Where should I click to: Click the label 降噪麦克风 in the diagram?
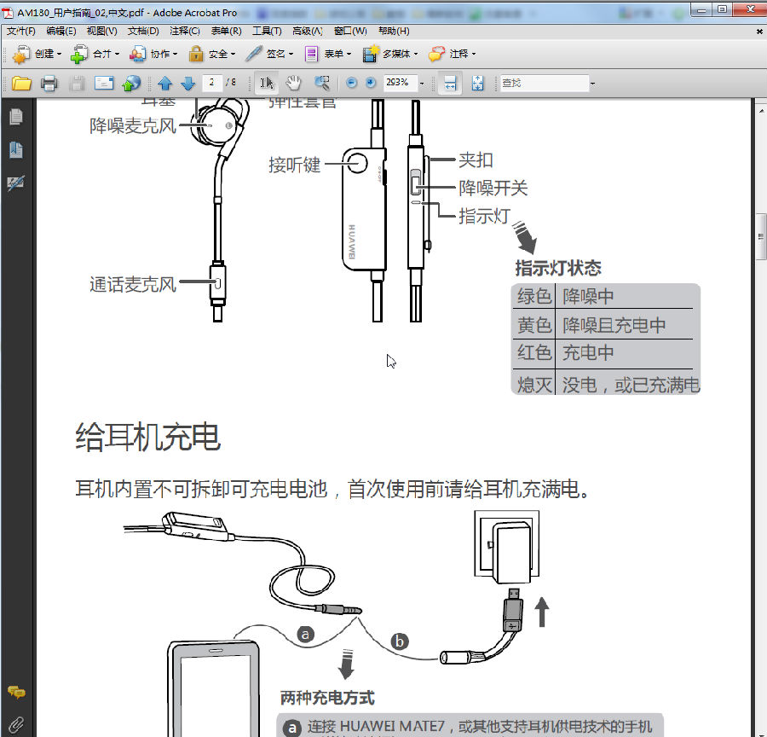click(132, 125)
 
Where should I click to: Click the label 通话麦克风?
click(132, 284)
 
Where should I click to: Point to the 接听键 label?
click(294, 165)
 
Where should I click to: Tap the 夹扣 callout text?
click(476, 160)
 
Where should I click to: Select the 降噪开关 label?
click(493, 188)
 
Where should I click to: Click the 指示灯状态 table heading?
click(558, 268)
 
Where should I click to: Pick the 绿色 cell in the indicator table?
click(534, 297)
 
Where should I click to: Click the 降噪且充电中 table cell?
click(614, 325)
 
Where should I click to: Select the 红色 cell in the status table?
click(534, 353)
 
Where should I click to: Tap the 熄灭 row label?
click(534, 385)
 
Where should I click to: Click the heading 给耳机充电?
click(148, 437)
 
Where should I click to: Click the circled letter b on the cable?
click(400, 640)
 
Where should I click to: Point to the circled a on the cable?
click(305, 634)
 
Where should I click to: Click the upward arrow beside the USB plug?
click(541, 612)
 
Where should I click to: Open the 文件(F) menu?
click(21, 31)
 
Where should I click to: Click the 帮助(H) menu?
click(394, 31)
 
